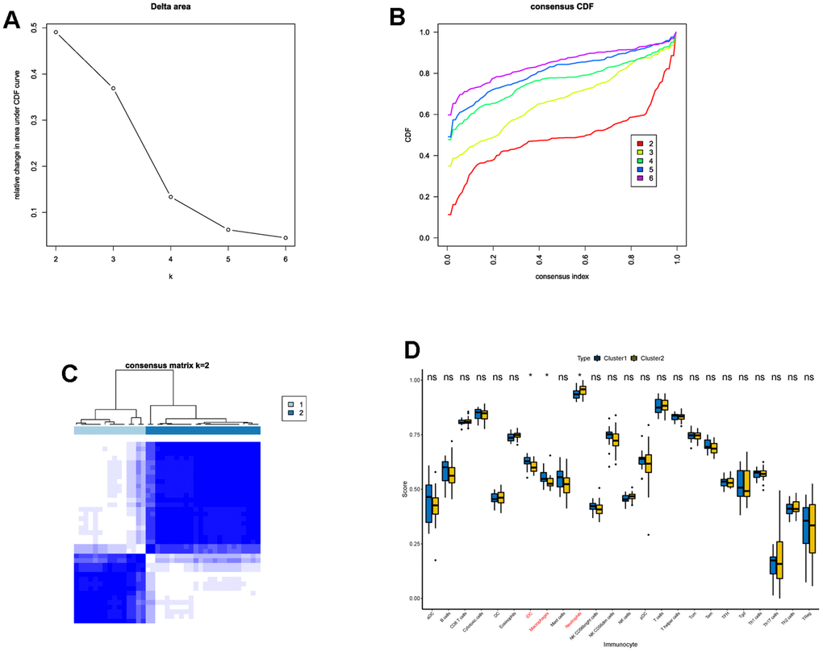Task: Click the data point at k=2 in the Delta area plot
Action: [56, 31]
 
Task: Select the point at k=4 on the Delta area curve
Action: [171, 197]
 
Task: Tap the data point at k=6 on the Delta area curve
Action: [286, 238]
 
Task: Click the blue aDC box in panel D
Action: [429, 504]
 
